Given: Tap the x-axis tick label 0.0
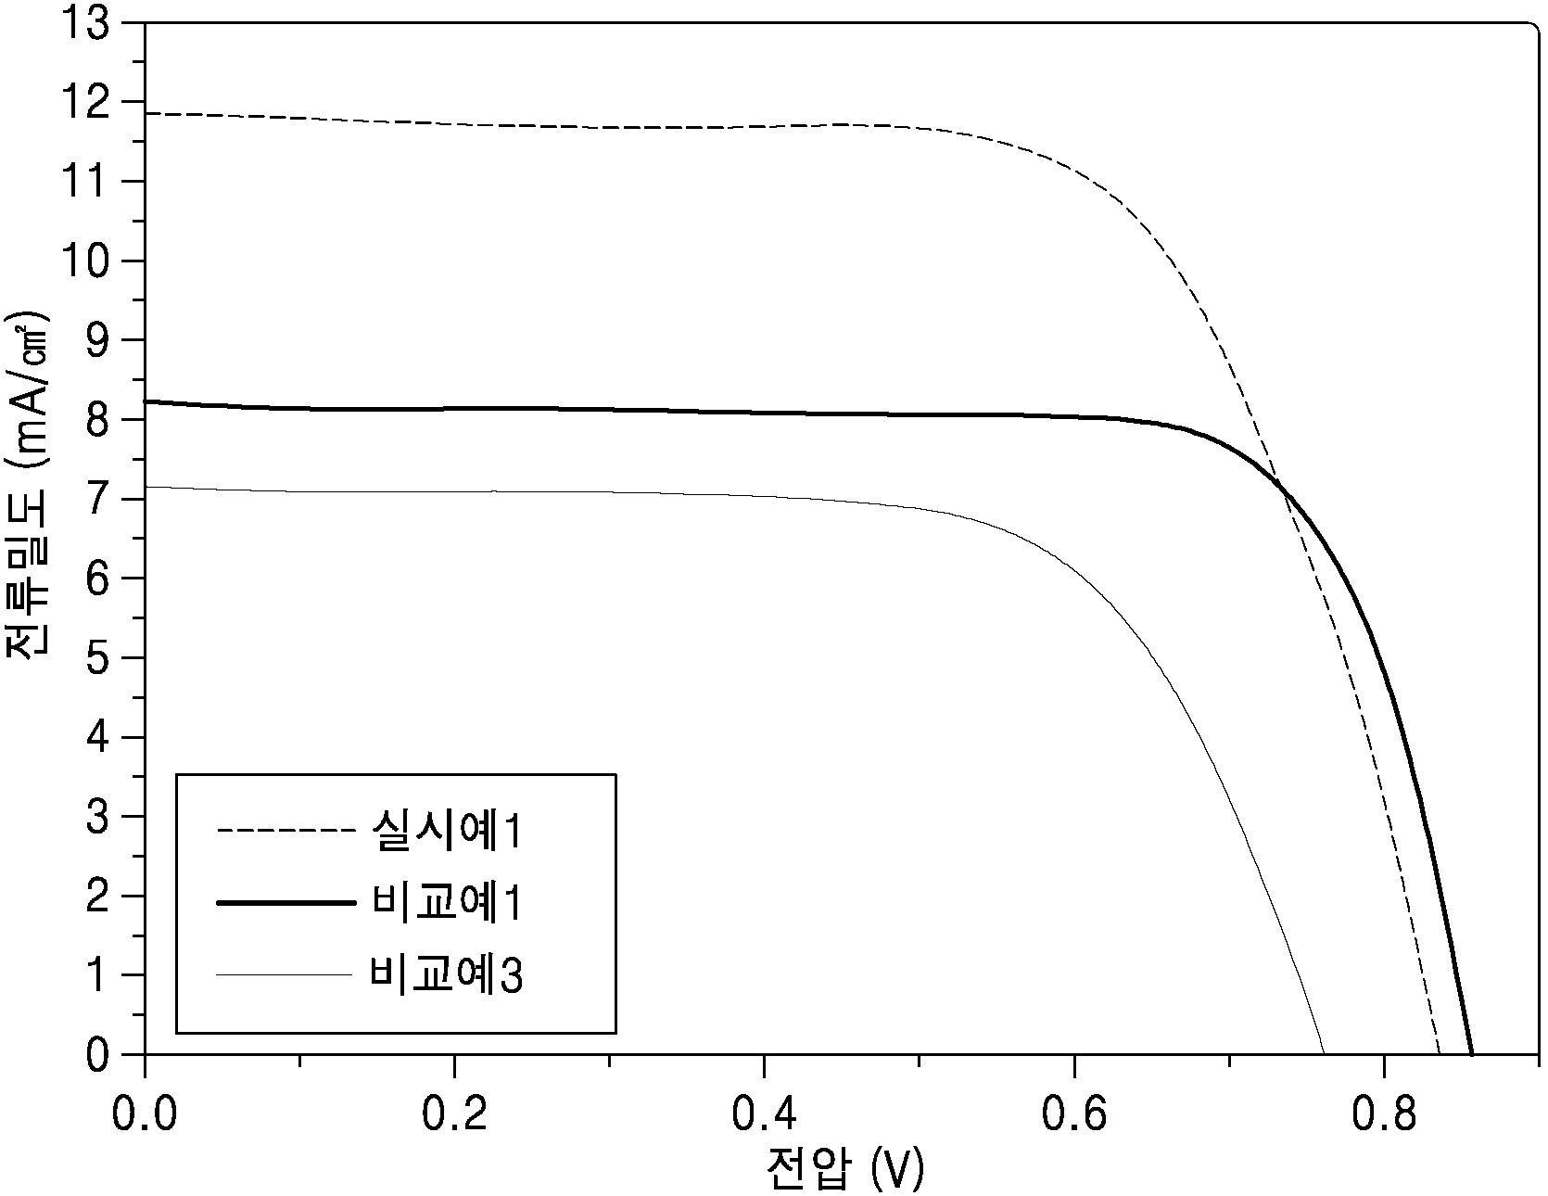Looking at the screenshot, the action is (145, 1114).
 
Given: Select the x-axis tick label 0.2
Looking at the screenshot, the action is (454, 1114).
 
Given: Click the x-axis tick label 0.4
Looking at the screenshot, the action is (764, 1114).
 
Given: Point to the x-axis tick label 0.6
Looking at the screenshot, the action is (1073, 1114).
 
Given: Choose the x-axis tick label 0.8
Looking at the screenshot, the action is (1383, 1114).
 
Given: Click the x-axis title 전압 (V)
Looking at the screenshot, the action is (845, 1170).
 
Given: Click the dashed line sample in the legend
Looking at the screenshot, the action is (285, 832).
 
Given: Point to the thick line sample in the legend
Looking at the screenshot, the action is (285, 903).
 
